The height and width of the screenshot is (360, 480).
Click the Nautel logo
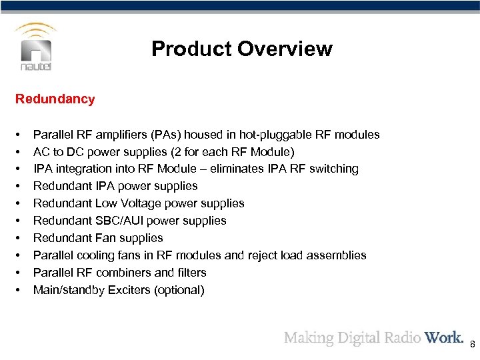36,49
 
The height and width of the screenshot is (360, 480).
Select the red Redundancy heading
55,99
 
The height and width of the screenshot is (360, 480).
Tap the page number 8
472,345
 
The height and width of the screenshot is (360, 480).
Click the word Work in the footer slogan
444,337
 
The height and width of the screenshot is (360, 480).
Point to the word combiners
127,273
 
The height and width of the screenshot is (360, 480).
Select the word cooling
93,255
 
